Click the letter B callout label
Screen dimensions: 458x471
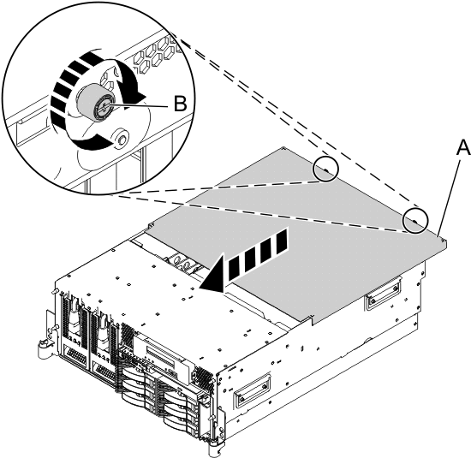click(x=179, y=104)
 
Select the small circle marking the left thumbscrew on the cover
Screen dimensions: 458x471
click(x=324, y=170)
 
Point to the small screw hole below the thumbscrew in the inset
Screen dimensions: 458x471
click(x=120, y=136)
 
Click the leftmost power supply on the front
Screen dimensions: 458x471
click(x=72, y=335)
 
